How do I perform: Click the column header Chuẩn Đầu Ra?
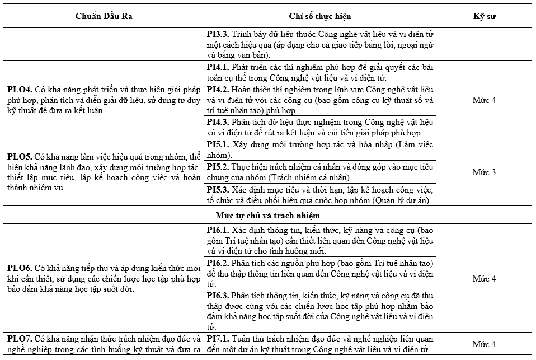click(104, 16)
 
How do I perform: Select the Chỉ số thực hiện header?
click(320, 16)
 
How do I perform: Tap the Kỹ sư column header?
click(484, 16)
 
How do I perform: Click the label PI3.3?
click(218, 34)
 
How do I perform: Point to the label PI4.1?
click(218, 67)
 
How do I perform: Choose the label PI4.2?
click(218, 90)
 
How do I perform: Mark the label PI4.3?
click(218, 121)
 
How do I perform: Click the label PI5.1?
click(218, 144)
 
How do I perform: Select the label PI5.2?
click(218, 166)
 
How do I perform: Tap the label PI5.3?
click(218, 189)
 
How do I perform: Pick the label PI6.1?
click(218, 230)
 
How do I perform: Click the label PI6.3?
click(218, 295)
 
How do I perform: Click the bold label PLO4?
click(19, 89)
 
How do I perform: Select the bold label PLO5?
click(19, 156)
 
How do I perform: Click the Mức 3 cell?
click(484, 172)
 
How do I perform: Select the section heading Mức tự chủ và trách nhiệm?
click(268, 215)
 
